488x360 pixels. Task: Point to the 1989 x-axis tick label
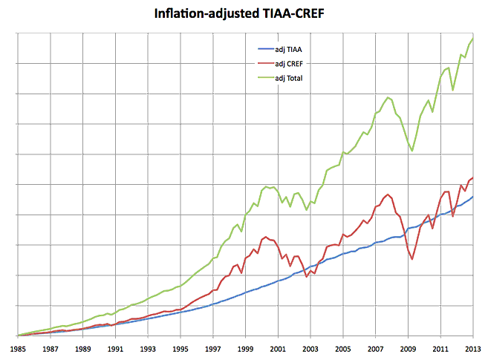pyautogui.click(x=82, y=348)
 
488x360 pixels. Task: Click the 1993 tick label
pyautogui.click(x=147, y=348)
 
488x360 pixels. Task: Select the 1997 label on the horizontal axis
pyautogui.click(x=212, y=348)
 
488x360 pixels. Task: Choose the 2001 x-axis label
pyautogui.click(x=277, y=348)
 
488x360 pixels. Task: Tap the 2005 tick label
pyautogui.click(x=342, y=348)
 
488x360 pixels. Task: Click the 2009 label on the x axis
pyautogui.click(x=407, y=348)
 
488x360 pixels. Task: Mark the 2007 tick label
pyautogui.click(x=375, y=348)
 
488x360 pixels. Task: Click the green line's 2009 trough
pyautogui.click(x=412, y=151)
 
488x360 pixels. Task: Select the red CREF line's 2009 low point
pyautogui.click(x=412, y=258)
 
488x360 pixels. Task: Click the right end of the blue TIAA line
pyautogui.click(x=472, y=197)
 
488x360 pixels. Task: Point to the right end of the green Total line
pyautogui.click(x=472, y=39)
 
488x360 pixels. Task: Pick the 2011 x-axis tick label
pyautogui.click(x=440, y=348)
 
